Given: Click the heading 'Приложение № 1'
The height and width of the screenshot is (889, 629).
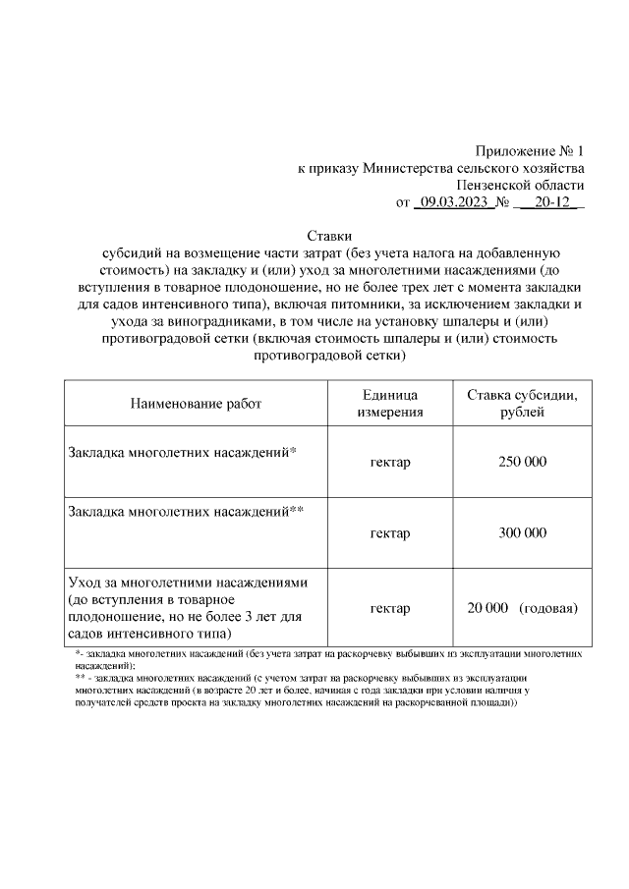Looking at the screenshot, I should coord(529,151).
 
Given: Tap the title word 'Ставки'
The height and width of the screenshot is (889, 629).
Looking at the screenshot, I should coord(329,236).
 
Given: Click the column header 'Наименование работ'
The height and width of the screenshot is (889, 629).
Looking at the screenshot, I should coord(197,403).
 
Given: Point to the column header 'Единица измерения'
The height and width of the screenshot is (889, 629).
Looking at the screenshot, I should coord(390,403).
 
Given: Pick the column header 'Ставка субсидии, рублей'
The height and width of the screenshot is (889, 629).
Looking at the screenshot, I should coord(522,403).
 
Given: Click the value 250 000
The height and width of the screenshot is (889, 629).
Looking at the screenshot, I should coord(522,462).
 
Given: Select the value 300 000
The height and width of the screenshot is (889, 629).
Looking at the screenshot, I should coord(522,532).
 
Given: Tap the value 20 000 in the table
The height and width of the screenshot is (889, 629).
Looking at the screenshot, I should coord(487,608).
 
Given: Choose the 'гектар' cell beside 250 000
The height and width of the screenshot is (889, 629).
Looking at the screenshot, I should coord(390,462).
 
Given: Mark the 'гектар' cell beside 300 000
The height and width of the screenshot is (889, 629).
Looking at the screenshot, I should coord(390,532).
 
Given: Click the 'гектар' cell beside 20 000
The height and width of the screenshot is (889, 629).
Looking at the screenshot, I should coord(390,608).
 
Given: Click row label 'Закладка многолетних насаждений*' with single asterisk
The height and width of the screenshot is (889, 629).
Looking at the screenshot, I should coord(183,453).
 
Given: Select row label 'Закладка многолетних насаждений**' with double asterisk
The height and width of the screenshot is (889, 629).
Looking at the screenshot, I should coord(187,511).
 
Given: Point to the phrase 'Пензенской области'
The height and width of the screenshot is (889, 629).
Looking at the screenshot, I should coord(521,185).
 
